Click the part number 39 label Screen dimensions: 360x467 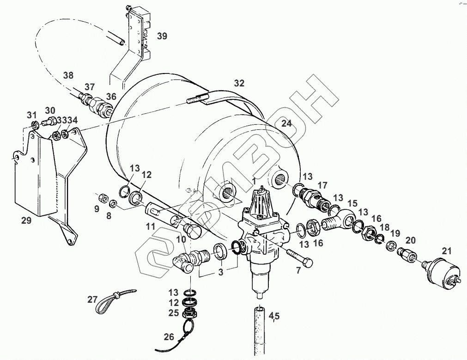click(162, 36)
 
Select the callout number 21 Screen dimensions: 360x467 click(446, 251)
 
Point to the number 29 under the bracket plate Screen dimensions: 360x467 click(26, 220)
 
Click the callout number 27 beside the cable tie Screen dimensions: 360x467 click(92, 299)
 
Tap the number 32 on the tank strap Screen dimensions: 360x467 click(239, 84)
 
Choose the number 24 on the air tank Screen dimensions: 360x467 click(287, 123)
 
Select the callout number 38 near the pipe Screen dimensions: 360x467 click(68, 75)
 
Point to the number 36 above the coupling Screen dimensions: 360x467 click(111, 96)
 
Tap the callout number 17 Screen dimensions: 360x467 click(322, 185)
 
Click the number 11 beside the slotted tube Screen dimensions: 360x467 click(151, 226)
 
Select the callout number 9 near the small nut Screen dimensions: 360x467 click(97, 208)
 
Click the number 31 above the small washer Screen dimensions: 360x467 click(31, 115)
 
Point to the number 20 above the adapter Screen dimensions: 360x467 click(411, 240)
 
